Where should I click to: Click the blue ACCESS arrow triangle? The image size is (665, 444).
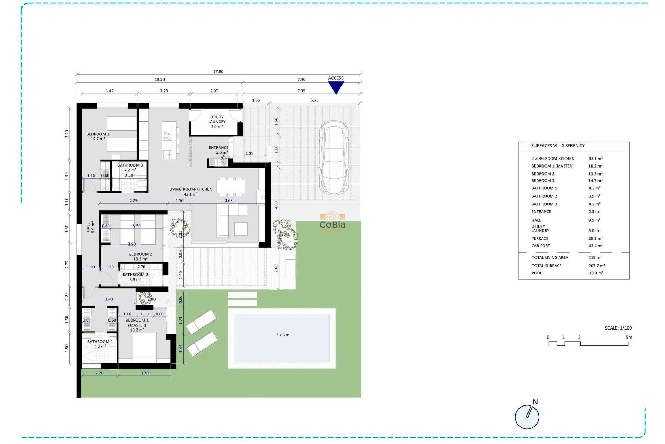tap(336, 87)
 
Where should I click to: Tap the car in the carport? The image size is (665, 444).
tap(334, 158)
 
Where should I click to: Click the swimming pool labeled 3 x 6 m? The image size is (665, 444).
tap(282, 338)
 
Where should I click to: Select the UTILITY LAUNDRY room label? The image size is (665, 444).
tap(217, 122)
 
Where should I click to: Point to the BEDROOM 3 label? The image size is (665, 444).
tap(98, 136)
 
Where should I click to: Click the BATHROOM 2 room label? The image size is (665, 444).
tap(135, 277)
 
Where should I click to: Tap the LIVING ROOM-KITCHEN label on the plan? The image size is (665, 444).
tap(190, 191)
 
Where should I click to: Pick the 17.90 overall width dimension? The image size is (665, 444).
tap(218, 72)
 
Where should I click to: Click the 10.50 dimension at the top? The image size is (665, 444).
tap(160, 80)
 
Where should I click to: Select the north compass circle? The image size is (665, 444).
tap(527, 417)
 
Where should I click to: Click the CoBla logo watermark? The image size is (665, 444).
tap(332, 222)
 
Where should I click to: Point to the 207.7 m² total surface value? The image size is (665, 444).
tap(596, 266)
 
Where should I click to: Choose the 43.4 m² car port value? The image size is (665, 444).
tap(595, 246)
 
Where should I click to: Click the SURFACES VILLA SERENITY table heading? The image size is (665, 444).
tap(558, 146)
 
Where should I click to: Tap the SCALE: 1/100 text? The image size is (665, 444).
tap(618, 328)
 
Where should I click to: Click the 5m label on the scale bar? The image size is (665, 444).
tap(629, 338)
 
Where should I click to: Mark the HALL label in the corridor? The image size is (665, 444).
tap(90, 227)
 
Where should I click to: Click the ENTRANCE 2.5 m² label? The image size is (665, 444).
tap(218, 150)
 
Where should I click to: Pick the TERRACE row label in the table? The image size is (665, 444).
tap(540, 239)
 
